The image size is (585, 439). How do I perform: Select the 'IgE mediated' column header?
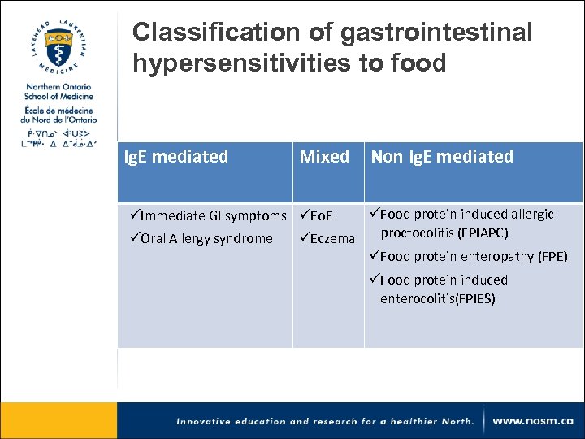175,157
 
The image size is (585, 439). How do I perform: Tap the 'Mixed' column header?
324,157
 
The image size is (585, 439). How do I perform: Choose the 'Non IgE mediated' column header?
442,157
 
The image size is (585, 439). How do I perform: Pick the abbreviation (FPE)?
552,257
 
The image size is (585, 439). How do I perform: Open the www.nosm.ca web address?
533,421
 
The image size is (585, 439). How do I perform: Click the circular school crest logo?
58,45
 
